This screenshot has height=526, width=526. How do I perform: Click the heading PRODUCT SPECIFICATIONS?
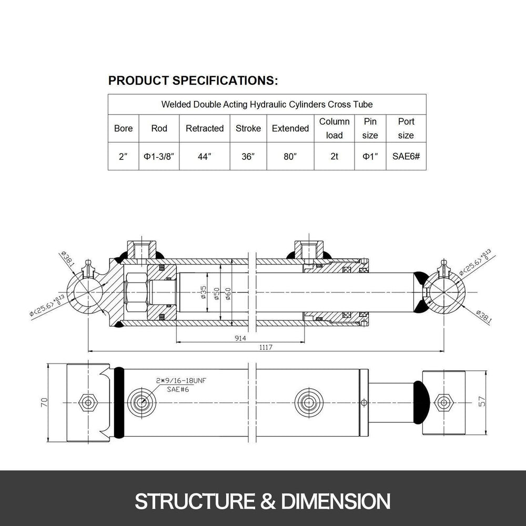[193, 80]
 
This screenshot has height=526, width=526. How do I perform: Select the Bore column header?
[123, 128]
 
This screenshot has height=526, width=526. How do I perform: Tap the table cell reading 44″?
[205, 157]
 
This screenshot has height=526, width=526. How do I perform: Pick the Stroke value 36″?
[248, 157]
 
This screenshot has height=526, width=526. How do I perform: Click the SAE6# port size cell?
[406, 157]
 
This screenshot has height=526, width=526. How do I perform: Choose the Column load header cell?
[334, 128]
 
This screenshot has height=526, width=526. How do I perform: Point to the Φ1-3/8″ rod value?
[159, 157]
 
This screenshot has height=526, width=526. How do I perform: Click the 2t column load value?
[334, 157]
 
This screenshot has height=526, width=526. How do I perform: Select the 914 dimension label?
[240, 338]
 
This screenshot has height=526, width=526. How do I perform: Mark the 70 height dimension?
[44, 402]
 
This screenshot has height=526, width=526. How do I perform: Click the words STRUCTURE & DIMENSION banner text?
[262, 500]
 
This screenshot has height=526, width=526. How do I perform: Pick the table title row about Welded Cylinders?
[267, 104]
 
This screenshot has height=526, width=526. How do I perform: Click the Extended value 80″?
[290, 157]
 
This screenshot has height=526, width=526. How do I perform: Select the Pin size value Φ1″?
[370, 157]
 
